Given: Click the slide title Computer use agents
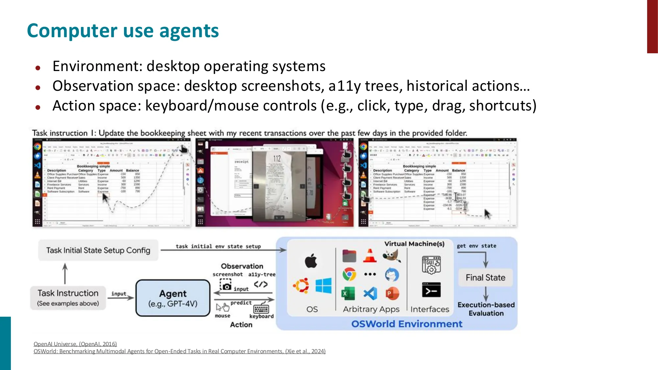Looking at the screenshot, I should click(123, 31).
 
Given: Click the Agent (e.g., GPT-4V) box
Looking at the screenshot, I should click(173, 298).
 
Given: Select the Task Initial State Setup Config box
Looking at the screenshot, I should click(98, 250).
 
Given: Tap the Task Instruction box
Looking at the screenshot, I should click(68, 298).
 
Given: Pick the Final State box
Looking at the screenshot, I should click(485, 278).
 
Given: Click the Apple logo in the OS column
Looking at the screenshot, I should click(311, 261).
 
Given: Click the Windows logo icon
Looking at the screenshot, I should click(323, 285).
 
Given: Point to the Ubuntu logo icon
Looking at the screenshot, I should click(301, 285).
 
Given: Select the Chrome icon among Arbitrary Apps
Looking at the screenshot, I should click(349, 274).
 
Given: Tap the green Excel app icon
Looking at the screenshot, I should click(348, 293).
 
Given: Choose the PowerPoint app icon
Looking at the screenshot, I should click(392, 293).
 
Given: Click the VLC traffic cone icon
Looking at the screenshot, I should click(370, 256).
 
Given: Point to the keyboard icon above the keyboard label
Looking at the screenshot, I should click(261, 309).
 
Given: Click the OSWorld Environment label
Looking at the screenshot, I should click(407, 324).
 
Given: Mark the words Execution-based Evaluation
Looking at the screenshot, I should click(486, 309).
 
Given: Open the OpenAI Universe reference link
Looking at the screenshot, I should click(75, 344).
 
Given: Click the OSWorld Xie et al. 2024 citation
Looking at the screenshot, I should click(179, 351).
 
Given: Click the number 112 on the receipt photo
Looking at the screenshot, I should click(277, 159).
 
